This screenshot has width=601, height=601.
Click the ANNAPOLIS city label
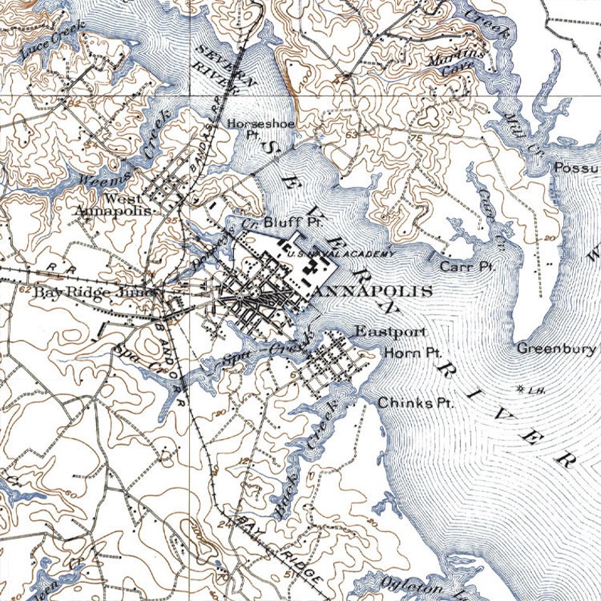tap(372, 291)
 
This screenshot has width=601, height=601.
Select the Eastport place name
tap(391, 332)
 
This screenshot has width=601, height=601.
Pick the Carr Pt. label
tap(467, 266)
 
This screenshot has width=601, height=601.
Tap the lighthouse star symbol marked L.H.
tap(520, 389)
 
